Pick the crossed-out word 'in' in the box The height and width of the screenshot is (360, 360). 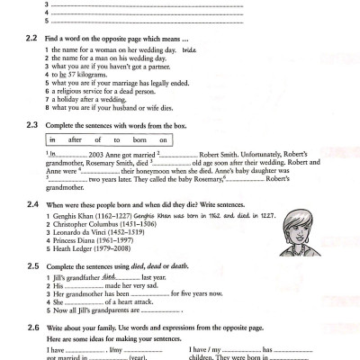click(53, 139)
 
